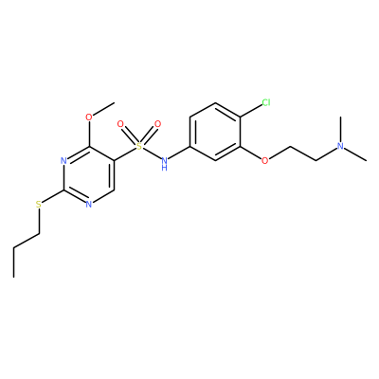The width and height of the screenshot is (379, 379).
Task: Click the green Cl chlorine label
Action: (x=266, y=102)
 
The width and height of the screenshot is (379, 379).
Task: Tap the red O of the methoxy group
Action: (x=89, y=117)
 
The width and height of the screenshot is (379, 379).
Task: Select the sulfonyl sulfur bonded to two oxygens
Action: (x=138, y=146)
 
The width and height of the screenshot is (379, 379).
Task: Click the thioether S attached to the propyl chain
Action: (x=39, y=205)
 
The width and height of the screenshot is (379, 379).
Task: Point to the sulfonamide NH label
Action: (x=164, y=164)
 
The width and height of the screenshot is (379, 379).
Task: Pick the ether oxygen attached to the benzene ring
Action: (x=265, y=161)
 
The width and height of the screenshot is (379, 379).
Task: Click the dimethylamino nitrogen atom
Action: (x=340, y=146)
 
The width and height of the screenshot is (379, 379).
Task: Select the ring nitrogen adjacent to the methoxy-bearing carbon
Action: (x=63, y=161)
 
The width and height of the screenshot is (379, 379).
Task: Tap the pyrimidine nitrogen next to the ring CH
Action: (x=89, y=205)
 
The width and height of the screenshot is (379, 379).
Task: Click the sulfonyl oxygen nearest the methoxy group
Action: (x=120, y=124)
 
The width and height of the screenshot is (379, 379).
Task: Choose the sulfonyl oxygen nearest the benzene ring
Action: (x=157, y=124)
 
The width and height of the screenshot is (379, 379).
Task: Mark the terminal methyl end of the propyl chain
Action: (x=14, y=278)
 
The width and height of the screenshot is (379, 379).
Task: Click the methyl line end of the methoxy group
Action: (x=114, y=102)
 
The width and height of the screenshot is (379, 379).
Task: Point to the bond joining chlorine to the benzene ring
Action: (x=251, y=111)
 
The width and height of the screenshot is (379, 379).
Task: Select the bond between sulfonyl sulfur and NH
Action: (x=152, y=153)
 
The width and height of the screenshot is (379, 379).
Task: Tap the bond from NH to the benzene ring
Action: (x=179, y=153)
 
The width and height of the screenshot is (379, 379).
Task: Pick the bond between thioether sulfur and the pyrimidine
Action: (x=53, y=196)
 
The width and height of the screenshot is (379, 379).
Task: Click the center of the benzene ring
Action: (x=215, y=132)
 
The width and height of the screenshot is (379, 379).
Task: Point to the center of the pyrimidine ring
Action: (x=89, y=175)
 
